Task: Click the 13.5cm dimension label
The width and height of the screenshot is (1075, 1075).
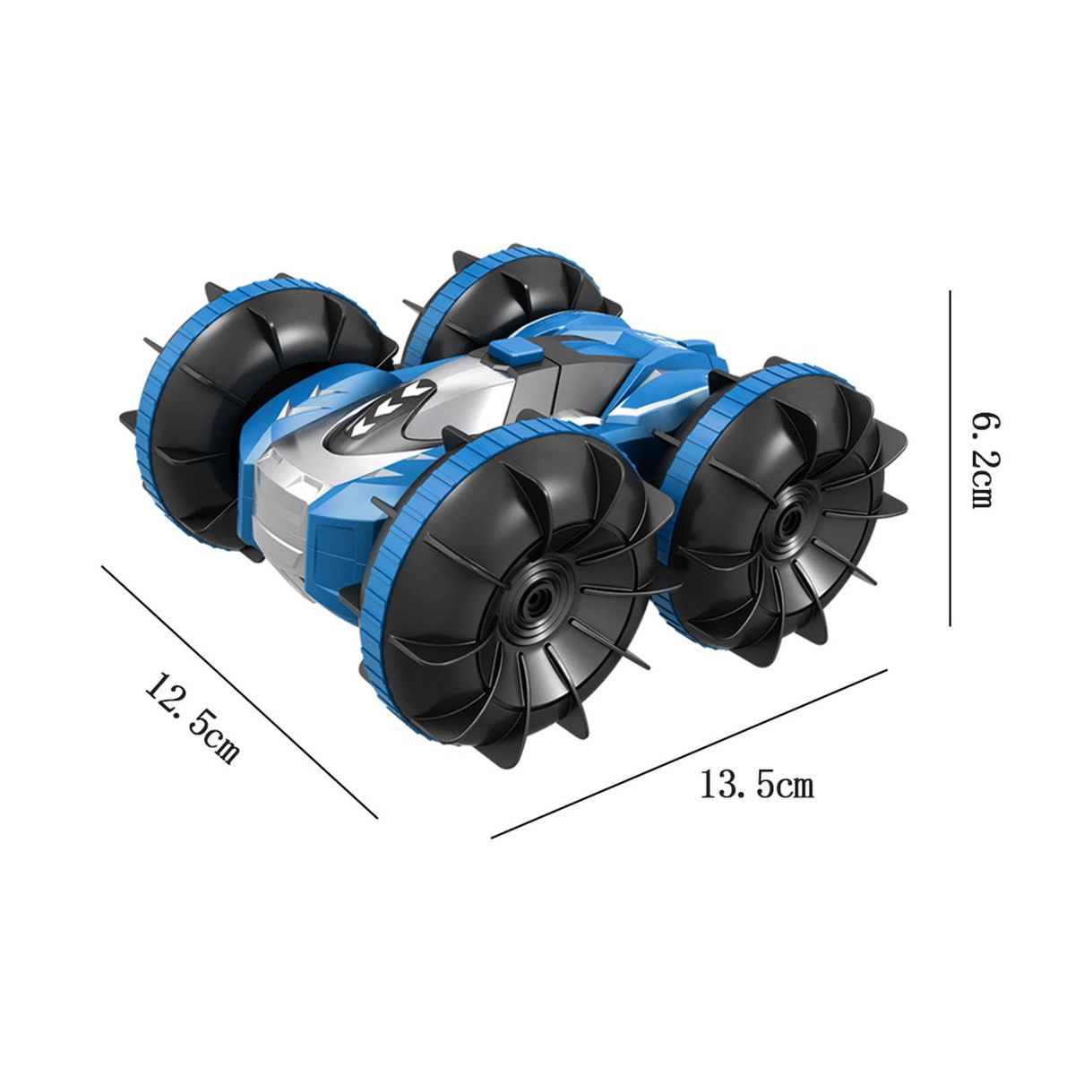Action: [757, 785]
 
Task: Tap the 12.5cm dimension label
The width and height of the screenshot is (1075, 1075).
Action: [193, 719]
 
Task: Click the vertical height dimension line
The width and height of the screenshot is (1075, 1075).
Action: [950, 458]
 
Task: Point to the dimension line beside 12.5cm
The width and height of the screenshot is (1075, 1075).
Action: [240, 692]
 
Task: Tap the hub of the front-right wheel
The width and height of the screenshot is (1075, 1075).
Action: [787, 521]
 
